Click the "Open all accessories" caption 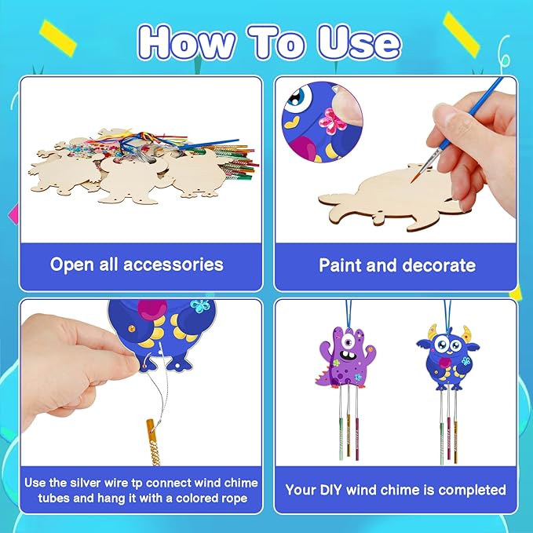(x=137, y=265)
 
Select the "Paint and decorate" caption (x=396, y=265)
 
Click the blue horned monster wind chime (x=445, y=354)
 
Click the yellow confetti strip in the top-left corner (x=58, y=34)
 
